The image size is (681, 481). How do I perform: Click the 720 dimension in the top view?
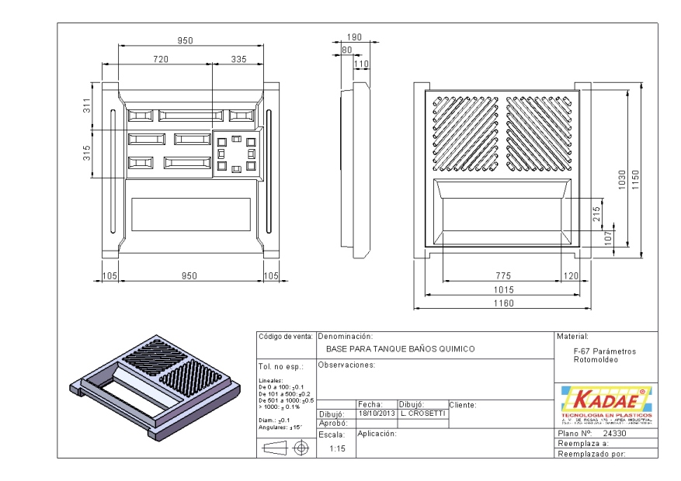pos(161,59)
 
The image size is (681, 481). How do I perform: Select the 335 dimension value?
pos(238,59)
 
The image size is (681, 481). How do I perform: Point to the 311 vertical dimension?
pos(87,107)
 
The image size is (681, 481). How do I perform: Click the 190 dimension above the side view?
pos(355,36)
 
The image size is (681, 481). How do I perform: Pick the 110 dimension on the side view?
pos(361,64)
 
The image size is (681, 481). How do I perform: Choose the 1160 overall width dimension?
pos(505,303)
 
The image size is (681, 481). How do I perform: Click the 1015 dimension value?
pos(505,289)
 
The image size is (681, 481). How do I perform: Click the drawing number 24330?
pos(615,434)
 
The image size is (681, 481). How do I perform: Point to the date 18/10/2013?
pos(376,414)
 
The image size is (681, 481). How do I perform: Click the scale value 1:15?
pos(337,448)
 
